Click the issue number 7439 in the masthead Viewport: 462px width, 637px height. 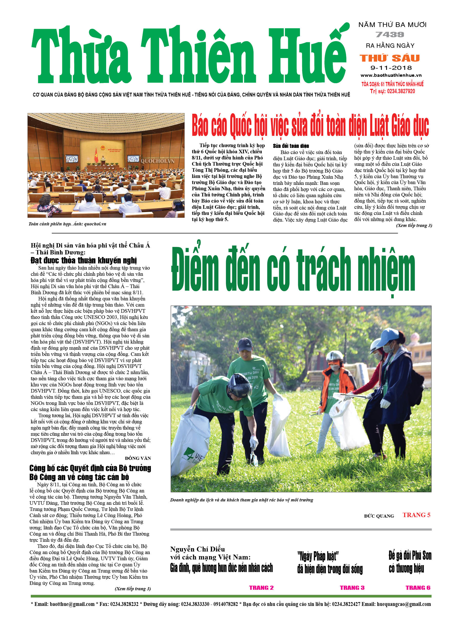tap(390, 35)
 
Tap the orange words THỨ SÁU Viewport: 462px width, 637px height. tap(390, 58)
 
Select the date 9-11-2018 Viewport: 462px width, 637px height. tap(391, 68)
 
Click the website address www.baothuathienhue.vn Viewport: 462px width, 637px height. tap(391, 75)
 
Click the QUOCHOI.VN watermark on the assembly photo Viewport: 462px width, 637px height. tap(157, 161)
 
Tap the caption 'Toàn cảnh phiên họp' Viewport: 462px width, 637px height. tap(49, 224)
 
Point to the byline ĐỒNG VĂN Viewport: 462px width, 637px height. tap(138, 458)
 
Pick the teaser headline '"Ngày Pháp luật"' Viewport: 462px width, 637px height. tap(318, 556)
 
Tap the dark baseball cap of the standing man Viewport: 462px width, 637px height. tap(245, 344)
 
